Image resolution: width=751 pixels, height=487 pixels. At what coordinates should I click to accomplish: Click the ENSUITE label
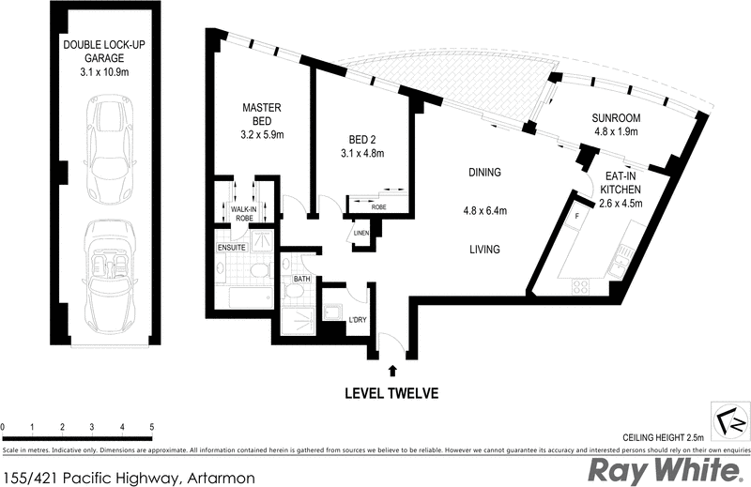click(230, 248)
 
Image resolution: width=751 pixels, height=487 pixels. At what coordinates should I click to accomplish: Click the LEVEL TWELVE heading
click(391, 393)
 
